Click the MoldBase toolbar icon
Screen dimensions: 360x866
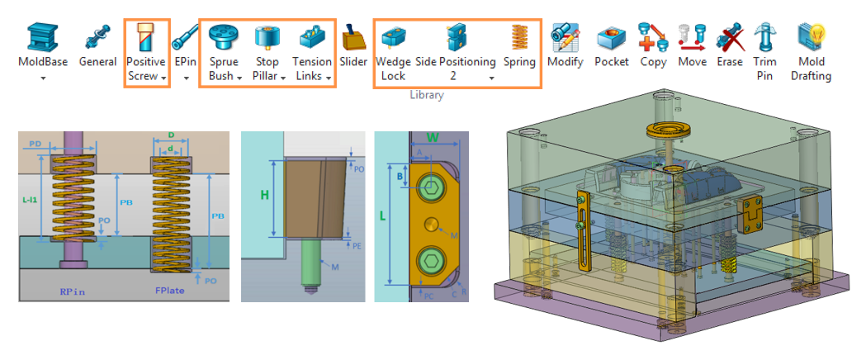pyautogui.click(x=42, y=37)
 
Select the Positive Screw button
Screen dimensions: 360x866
pyautogui.click(x=146, y=37)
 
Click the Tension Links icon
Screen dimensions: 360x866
pyautogui.click(x=312, y=37)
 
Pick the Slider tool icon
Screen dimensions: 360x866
pyautogui.click(x=353, y=37)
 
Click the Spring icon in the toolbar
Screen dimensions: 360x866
pyautogui.click(x=519, y=37)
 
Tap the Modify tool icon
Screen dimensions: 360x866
pyautogui.click(x=565, y=37)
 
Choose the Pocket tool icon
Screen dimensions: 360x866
pyautogui.click(x=611, y=37)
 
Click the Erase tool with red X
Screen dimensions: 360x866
pyautogui.click(x=729, y=37)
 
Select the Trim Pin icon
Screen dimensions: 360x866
pyautogui.click(x=764, y=37)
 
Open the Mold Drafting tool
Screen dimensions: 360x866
pyautogui.click(x=812, y=37)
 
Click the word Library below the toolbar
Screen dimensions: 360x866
pyautogui.click(x=427, y=95)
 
